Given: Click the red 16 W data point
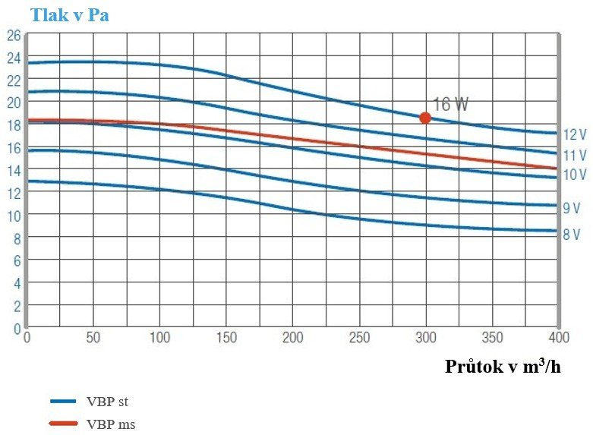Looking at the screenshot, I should pyautogui.click(x=425, y=118).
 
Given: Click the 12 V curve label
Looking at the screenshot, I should pyautogui.click(x=575, y=134).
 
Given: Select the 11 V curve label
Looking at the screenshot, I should pyautogui.click(x=575, y=155).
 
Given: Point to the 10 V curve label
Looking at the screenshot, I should pyautogui.click(x=575, y=175).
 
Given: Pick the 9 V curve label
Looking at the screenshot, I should pyautogui.click(x=572, y=207).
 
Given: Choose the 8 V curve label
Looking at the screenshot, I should pyautogui.click(x=572, y=235).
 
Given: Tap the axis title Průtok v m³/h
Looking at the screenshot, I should pyautogui.click(x=503, y=367).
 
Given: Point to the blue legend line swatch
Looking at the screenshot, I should pyautogui.click(x=64, y=402).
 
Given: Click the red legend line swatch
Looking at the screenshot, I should pyautogui.click(x=64, y=424).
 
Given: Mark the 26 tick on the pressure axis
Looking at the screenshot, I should pyautogui.click(x=13, y=35).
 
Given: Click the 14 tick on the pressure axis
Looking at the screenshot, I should pyautogui.click(x=13, y=171).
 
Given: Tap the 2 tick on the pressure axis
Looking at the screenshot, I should pyautogui.click(x=16, y=306).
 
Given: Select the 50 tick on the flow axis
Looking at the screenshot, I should pyautogui.click(x=93, y=338).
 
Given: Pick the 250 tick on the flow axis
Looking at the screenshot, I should pyautogui.click(x=359, y=338).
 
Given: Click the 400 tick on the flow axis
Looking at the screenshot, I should pyautogui.click(x=558, y=338).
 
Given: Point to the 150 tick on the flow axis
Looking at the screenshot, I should pyautogui.click(x=226, y=338).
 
